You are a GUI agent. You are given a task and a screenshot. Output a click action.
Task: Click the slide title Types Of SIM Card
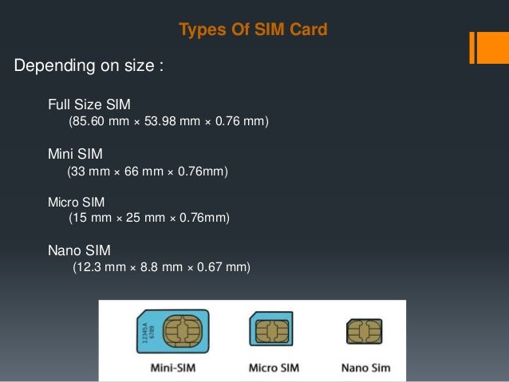(x=253, y=30)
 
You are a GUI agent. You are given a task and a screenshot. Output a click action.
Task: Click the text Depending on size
(x=89, y=65)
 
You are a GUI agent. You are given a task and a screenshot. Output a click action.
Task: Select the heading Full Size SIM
(x=89, y=104)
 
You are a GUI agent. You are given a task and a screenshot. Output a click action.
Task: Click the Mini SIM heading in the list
(x=75, y=153)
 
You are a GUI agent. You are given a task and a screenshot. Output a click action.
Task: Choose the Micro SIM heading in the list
(x=76, y=203)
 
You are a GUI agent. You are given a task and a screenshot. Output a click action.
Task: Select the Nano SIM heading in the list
(x=78, y=251)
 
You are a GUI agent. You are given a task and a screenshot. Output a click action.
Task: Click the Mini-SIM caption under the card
(x=172, y=368)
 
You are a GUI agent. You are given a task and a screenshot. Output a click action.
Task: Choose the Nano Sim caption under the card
(x=365, y=368)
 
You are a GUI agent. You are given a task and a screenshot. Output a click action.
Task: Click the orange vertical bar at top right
(x=474, y=48)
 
